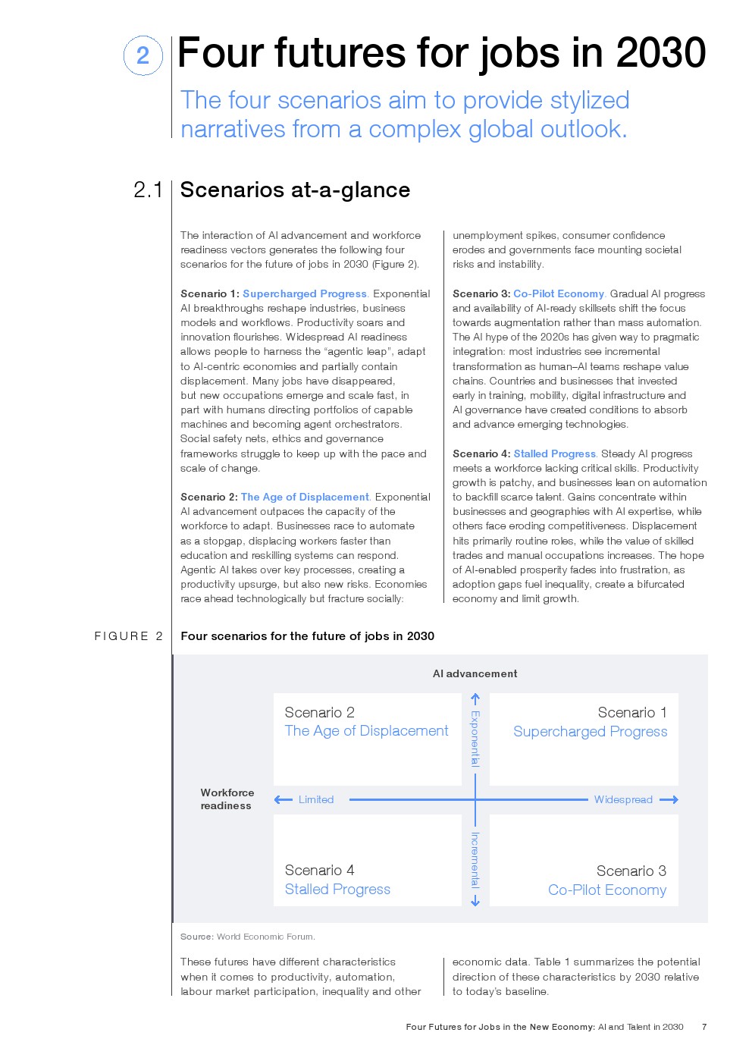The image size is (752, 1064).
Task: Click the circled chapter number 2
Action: pyautogui.click(x=143, y=55)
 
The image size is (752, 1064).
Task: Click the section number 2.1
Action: pyautogui.click(x=148, y=190)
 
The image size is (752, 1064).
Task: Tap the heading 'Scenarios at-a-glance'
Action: pyautogui.click(x=295, y=190)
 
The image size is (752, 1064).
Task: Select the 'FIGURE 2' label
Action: pyautogui.click(x=128, y=636)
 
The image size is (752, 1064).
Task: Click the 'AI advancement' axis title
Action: pyautogui.click(x=475, y=673)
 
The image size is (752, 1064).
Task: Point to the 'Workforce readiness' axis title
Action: pyautogui.click(x=227, y=799)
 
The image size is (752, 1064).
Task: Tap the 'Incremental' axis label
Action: pyautogui.click(x=475, y=859)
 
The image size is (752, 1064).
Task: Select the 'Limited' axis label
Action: pyautogui.click(x=316, y=799)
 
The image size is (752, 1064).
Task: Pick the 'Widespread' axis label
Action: pyautogui.click(x=623, y=799)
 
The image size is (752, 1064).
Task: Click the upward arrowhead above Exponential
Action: pyautogui.click(x=475, y=698)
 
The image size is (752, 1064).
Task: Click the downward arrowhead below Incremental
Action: pyautogui.click(x=475, y=901)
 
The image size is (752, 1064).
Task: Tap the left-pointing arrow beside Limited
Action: pyautogui.click(x=283, y=799)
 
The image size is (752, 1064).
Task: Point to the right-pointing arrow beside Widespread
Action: pyautogui.click(x=669, y=799)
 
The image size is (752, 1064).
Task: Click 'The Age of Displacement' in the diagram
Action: pyautogui.click(x=366, y=731)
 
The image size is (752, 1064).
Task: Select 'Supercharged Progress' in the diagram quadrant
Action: pyautogui.click(x=590, y=732)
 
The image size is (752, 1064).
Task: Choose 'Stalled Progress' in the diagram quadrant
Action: pyautogui.click(x=337, y=890)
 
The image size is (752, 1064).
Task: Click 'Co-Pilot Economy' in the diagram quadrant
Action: pyautogui.click(x=607, y=890)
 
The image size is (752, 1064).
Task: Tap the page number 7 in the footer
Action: pyautogui.click(x=704, y=1027)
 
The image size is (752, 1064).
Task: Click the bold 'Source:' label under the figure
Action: pyautogui.click(x=196, y=937)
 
